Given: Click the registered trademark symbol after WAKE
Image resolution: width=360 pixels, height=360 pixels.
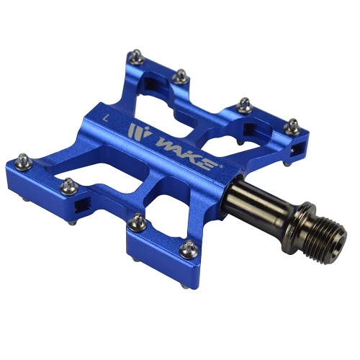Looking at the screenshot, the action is coord(221,166).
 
